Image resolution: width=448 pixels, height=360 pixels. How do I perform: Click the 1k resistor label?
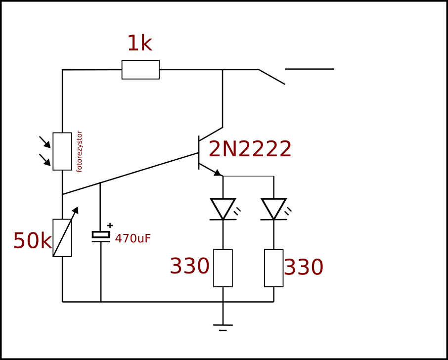click(x=139, y=44)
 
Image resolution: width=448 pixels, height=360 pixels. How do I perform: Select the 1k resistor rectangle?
click(x=140, y=69)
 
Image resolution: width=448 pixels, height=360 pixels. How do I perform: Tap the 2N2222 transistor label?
click(x=250, y=149)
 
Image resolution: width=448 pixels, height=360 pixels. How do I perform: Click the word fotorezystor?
click(x=79, y=151)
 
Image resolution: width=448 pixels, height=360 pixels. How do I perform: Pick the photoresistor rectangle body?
click(x=62, y=151)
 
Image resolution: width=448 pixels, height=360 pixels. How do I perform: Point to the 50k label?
click(x=32, y=240)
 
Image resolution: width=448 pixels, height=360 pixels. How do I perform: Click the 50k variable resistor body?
click(x=62, y=238)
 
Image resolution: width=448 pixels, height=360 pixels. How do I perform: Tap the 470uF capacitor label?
click(x=133, y=238)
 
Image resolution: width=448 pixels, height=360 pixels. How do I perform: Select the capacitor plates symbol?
click(x=101, y=236)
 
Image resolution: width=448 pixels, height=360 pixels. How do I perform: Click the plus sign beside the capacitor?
click(x=110, y=225)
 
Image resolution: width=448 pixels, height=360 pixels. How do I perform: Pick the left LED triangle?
click(x=223, y=209)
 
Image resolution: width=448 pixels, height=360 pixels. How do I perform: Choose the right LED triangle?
click(x=274, y=209)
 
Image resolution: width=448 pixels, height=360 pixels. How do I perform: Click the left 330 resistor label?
click(x=189, y=266)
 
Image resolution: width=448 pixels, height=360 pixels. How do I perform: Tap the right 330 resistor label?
click(x=304, y=268)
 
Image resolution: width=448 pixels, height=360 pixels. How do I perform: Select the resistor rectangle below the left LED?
click(x=223, y=268)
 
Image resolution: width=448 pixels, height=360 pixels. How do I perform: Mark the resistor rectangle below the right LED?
click(x=274, y=268)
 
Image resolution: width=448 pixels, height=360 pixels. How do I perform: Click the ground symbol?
click(x=223, y=328)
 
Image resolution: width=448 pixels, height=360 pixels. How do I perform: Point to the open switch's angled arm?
click(x=271, y=77)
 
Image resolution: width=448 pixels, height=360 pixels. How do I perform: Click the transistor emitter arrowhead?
click(x=218, y=173)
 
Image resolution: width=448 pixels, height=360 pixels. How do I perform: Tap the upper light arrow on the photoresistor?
click(x=45, y=142)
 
